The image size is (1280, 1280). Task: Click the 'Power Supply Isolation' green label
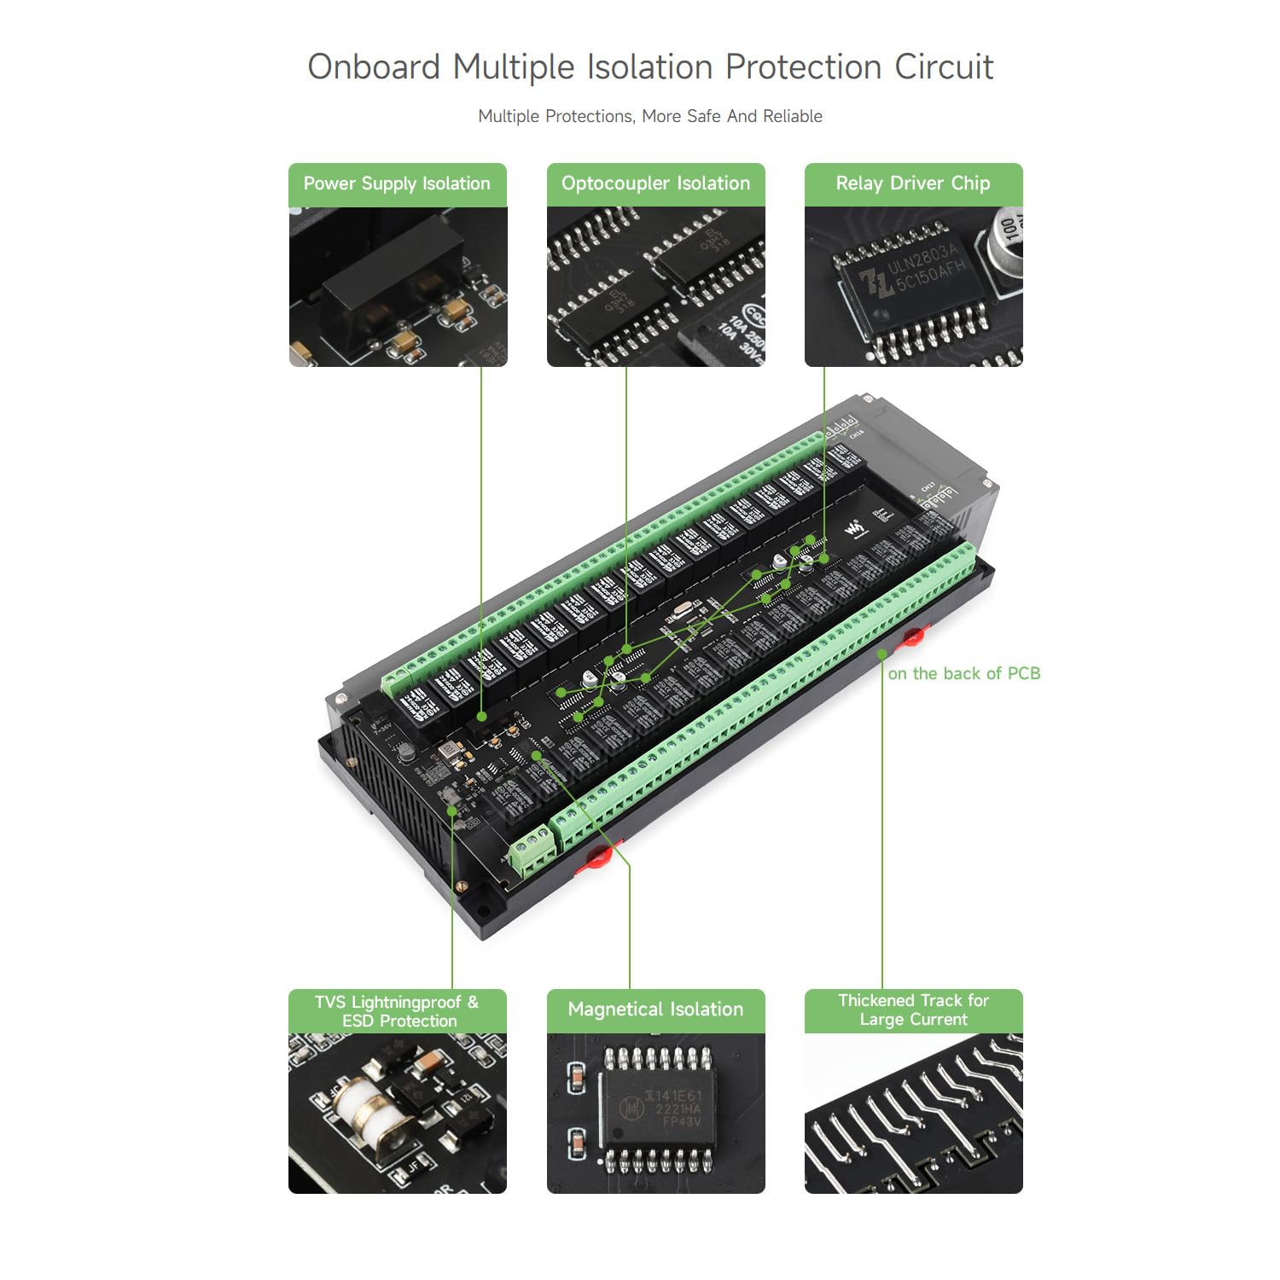397,184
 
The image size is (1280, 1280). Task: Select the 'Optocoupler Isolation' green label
655,184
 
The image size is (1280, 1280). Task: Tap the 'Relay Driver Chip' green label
913,184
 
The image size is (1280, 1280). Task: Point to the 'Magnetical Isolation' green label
655,1010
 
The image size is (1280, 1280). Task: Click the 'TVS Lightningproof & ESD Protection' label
398,1011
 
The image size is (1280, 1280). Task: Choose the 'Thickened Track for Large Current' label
913,1010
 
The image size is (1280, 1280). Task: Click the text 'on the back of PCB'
963,674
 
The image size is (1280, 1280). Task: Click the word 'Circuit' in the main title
944,67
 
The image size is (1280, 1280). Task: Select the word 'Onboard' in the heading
374,67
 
